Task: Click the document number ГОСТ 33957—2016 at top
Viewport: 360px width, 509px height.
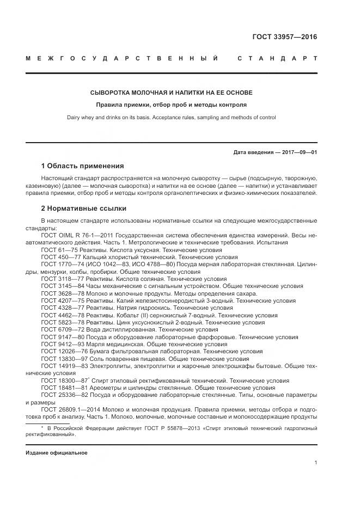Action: (x=284, y=38)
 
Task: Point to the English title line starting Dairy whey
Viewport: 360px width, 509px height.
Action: (x=171, y=117)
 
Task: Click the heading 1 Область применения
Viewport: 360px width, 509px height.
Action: (x=82, y=165)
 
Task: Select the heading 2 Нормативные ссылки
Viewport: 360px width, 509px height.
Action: (x=83, y=208)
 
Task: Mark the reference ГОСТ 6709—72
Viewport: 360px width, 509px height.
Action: (x=60, y=329)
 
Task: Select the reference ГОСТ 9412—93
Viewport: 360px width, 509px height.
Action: (x=60, y=344)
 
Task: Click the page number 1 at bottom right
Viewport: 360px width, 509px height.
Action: (x=315, y=463)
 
